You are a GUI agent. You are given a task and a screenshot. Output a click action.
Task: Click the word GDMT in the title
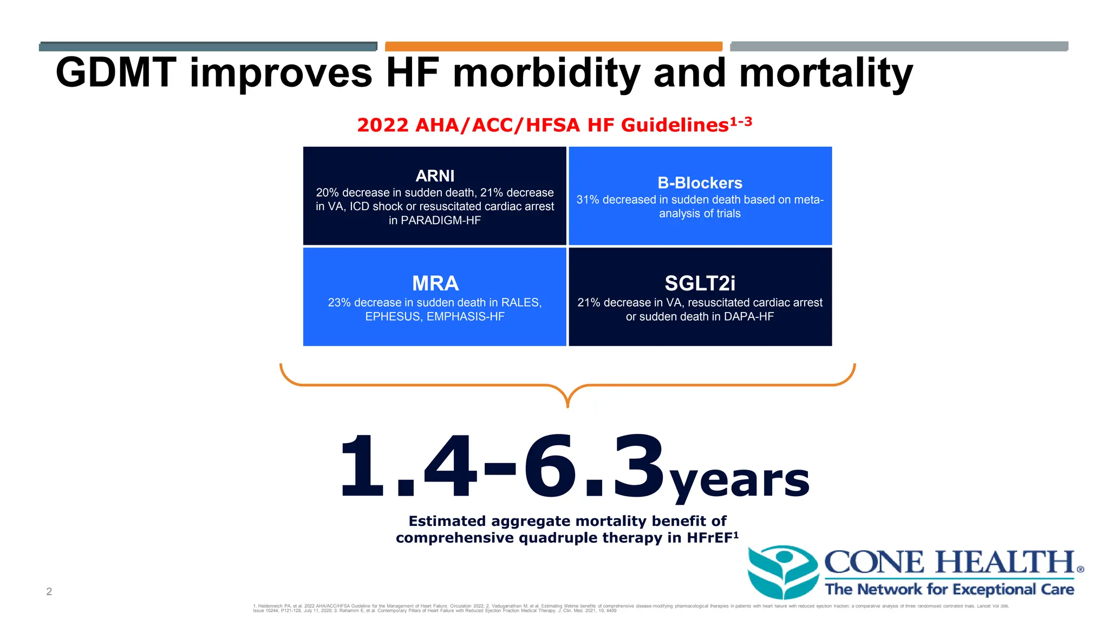pos(116,73)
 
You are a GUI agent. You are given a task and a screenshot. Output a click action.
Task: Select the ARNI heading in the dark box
pos(435,176)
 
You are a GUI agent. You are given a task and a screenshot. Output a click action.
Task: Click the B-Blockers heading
pos(700,183)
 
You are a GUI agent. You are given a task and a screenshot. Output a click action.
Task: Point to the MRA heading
pos(435,283)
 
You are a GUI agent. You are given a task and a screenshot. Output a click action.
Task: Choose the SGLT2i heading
pos(700,283)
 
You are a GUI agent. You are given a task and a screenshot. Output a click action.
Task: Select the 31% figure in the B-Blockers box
pos(588,200)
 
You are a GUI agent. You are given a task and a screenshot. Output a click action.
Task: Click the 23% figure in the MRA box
pos(340,303)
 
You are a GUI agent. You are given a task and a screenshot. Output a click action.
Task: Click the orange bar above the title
pos(553,47)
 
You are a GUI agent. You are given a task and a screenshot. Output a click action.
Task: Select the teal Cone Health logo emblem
pos(782,571)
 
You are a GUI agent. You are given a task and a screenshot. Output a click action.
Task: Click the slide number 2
pos(49,591)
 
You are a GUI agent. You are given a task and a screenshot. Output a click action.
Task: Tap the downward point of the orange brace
pos(567,405)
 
